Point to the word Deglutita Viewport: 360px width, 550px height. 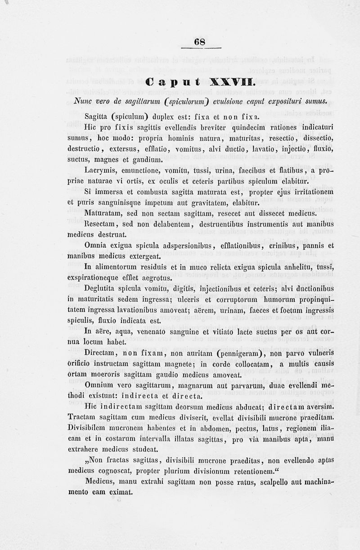(x=101, y=288)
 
